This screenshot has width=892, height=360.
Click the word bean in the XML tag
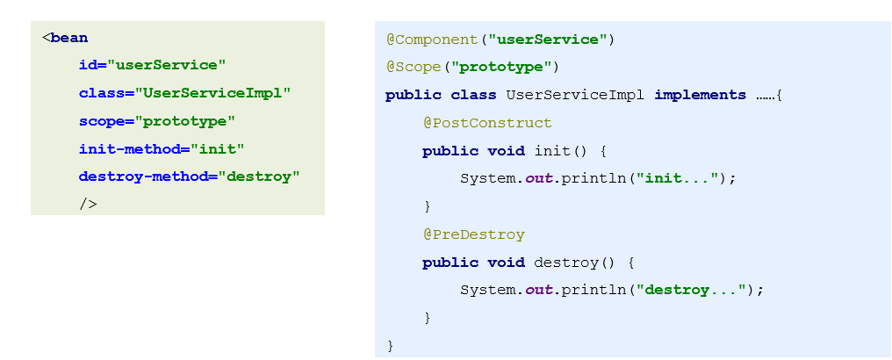[69, 38]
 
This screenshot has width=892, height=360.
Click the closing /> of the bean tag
[88, 205]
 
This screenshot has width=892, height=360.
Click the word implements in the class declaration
[700, 95]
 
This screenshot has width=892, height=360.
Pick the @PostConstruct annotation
[487, 123]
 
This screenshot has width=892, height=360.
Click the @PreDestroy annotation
[473, 234]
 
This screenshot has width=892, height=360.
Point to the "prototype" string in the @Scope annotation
[506, 67]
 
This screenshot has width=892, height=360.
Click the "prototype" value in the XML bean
[185, 121]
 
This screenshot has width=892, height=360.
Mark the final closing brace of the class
[390, 345]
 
